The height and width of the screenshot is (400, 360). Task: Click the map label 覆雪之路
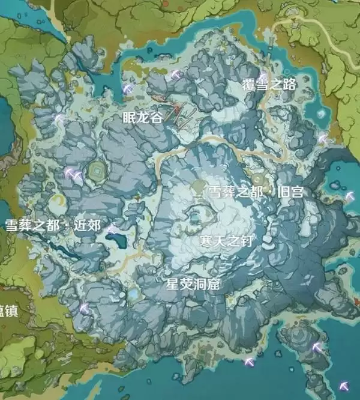269,85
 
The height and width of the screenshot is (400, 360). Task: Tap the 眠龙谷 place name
142,118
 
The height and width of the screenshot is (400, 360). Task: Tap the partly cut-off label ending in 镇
8,312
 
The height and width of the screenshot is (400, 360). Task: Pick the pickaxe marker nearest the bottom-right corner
344,386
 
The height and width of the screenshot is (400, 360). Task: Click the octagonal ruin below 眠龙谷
96,173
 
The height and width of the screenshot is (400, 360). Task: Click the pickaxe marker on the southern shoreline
250,362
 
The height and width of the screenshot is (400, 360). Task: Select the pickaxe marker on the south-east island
317,347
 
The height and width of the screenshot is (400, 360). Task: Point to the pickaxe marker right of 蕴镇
84,309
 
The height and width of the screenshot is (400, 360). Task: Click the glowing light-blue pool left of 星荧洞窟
133,295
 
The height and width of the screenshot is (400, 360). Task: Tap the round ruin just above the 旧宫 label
258,179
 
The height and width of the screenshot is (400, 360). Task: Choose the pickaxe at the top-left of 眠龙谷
128,88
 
